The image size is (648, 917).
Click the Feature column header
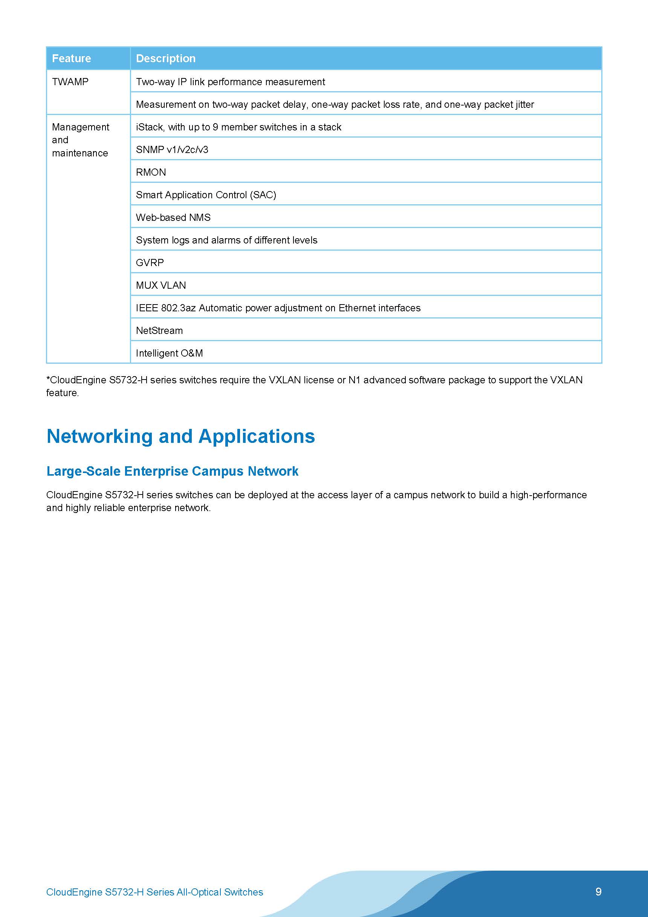[72, 58]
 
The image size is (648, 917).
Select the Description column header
[166, 58]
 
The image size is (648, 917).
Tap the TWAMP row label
[70, 82]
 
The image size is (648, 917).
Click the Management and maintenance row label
[80, 140]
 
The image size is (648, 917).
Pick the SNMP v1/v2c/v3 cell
[172, 150]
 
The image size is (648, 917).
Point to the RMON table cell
[151, 172]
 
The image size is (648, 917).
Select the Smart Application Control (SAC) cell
[206, 195]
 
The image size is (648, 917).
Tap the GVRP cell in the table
[150, 263]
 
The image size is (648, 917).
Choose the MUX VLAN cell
[161, 286]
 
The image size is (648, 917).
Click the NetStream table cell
[159, 331]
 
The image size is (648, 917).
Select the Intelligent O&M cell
[169, 354]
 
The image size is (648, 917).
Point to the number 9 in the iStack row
[215, 127]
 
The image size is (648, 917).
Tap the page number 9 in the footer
[598, 892]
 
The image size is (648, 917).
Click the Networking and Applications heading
[180, 436]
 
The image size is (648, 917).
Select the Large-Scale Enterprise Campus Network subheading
[172, 471]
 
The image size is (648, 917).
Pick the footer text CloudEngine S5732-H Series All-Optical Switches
[154, 892]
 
